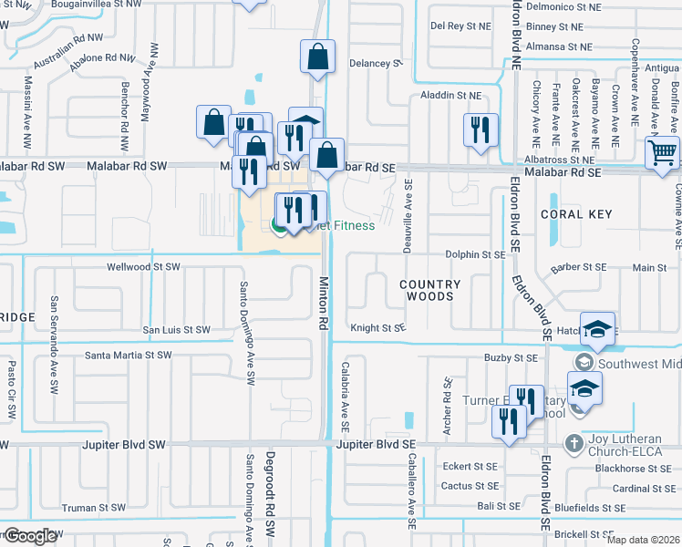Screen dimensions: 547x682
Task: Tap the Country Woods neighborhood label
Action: pos(430,290)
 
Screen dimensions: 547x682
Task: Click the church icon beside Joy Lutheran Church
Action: pos(573,445)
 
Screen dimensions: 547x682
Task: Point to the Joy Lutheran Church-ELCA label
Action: pos(628,444)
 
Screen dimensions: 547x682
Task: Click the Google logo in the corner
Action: pos(29,535)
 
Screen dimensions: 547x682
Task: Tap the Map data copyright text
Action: pos(643,540)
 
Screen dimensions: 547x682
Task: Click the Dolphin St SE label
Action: pos(475,255)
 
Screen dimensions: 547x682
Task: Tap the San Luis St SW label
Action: pos(176,330)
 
